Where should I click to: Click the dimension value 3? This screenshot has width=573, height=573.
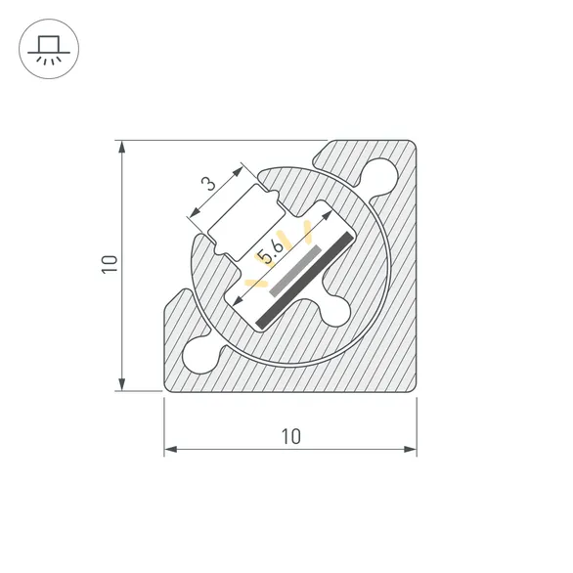point(207,184)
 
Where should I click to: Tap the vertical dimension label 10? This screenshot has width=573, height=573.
point(110,265)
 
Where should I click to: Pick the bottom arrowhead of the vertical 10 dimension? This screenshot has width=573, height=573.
point(122,383)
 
